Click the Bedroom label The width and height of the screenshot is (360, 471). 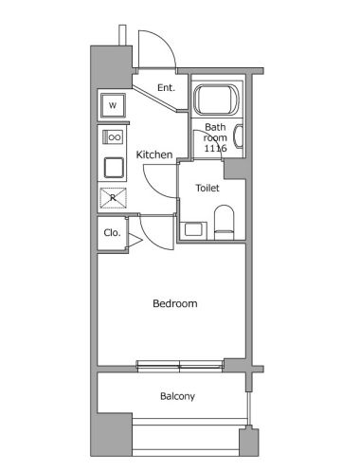point(175,303)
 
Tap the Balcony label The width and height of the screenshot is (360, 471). point(177,396)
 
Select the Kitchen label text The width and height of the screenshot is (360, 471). point(154,154)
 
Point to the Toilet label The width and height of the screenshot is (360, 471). point(207,188)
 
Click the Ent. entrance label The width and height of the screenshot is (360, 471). point(166,87)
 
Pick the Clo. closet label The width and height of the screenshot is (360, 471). point(112,233)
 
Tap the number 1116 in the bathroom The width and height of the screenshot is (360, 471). point(215,148)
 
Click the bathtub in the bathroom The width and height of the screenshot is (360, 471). point(216,100)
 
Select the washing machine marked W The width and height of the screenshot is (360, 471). point(113,105)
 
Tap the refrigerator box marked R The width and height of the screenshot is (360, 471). point(113,198)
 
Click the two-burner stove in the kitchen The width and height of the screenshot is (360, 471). point(113,137)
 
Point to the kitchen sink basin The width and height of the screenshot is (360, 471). point(114,168)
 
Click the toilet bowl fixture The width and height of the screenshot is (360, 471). point(225,223)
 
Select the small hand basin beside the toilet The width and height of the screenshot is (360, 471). point(193,229)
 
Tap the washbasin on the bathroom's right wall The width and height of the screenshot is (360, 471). point(238,136)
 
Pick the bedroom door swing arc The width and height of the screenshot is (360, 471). point(151,239)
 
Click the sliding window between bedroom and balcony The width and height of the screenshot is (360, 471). point(180,365)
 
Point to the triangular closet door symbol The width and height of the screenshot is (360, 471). point(135,241)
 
